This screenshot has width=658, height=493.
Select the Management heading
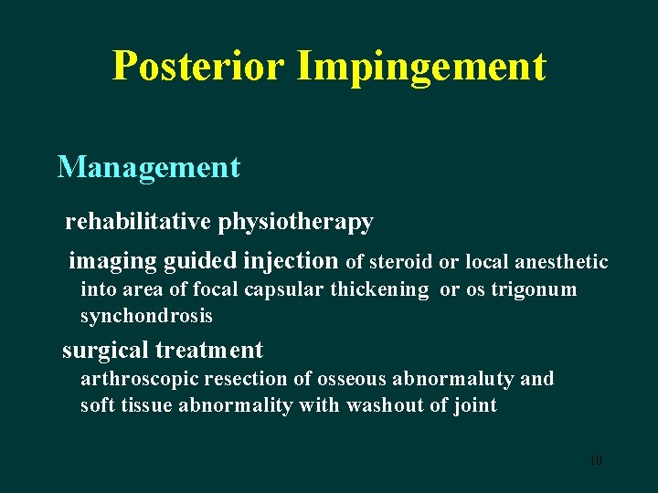[149, 167]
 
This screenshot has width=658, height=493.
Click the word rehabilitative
[138, 222]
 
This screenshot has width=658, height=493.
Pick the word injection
[292, 262]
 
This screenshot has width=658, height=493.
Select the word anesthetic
[562, 263]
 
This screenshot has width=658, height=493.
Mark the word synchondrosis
[146, 317]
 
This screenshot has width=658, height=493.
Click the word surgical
[105, 351]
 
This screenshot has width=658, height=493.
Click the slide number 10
[595, 460]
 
